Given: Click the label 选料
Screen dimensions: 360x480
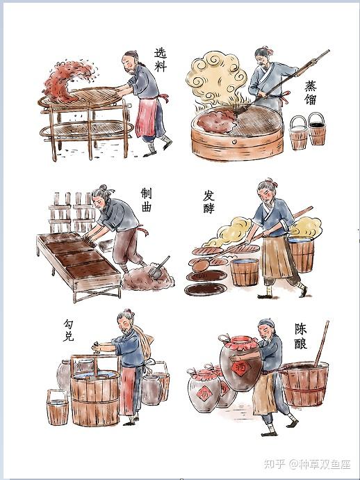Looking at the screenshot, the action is tap(160, 59).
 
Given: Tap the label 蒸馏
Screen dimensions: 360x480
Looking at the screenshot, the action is tap(310, 93).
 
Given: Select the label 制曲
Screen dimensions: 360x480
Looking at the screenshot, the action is tap(146, 200).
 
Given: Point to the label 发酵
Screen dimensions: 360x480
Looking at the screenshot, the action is tap(208, 202).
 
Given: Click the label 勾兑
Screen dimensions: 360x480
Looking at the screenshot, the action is tap(69, 330).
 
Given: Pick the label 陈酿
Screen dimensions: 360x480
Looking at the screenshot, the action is tap(301, 336).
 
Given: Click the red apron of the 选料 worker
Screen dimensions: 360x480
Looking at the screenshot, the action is tap(146, 117).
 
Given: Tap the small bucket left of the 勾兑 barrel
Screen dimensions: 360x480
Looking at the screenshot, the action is tap(58, 408).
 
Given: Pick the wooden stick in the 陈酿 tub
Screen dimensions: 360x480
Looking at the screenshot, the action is tap(322, 343).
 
